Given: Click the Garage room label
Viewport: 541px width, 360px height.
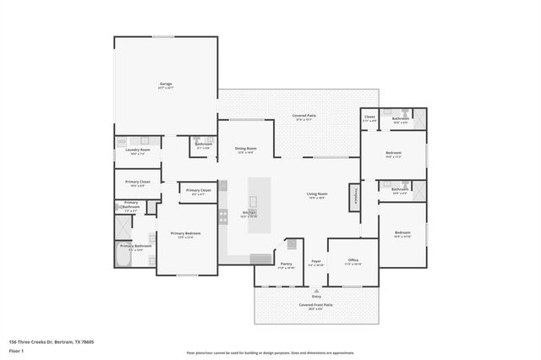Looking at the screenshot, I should (x=166, y=85).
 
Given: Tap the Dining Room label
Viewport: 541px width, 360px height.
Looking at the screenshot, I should (x=245, y=150).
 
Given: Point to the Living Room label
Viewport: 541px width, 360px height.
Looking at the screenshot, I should (x=317, y=195).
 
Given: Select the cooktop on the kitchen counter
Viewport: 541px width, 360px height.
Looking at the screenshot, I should (x=224, y=216).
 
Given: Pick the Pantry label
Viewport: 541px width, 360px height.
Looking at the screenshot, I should (x=286, y=265).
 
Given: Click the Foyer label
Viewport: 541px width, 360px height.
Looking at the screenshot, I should (x=315, y=263).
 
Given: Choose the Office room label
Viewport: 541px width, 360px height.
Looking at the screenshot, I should (x=352, y=261).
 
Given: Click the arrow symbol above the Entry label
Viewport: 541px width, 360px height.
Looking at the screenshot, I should (x=316, y=290).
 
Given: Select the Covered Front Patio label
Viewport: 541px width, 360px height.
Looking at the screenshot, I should (x=315, y=305).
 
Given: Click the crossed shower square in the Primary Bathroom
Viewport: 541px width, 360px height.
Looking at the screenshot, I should (x=123, y=226).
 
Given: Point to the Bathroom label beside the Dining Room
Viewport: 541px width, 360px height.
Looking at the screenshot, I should (x=203, y=145).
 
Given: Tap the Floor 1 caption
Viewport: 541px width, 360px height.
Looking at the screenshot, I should (x=16, y=350).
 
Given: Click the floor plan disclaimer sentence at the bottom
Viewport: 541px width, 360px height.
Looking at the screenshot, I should (x=270, y=353).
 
